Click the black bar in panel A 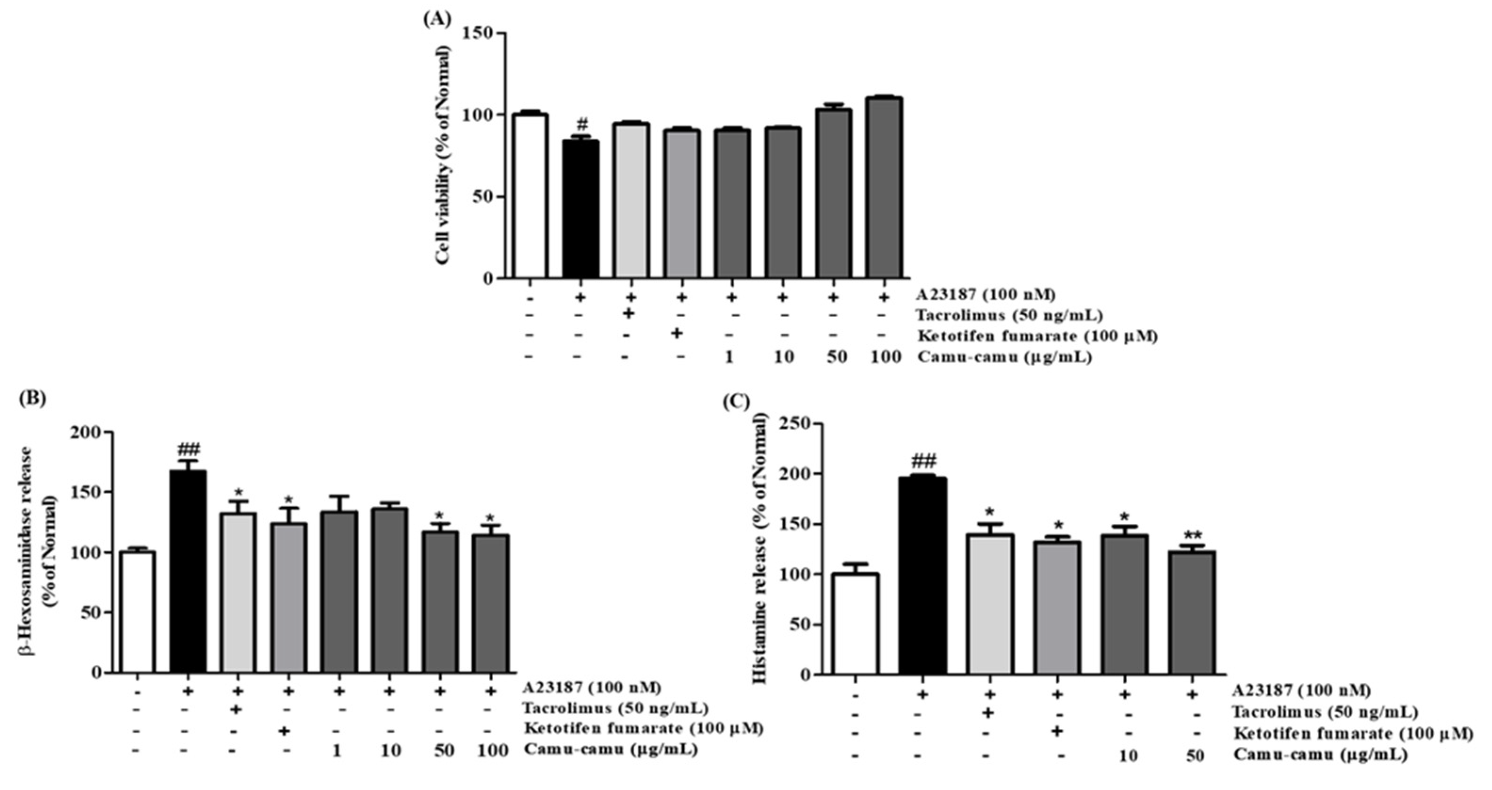point(581,209)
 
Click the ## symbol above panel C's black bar point(923,461)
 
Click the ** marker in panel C point(1192,535)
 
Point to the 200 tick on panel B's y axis point(85,432)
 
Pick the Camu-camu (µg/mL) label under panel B point(610,750)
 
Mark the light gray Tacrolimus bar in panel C point(990,604)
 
